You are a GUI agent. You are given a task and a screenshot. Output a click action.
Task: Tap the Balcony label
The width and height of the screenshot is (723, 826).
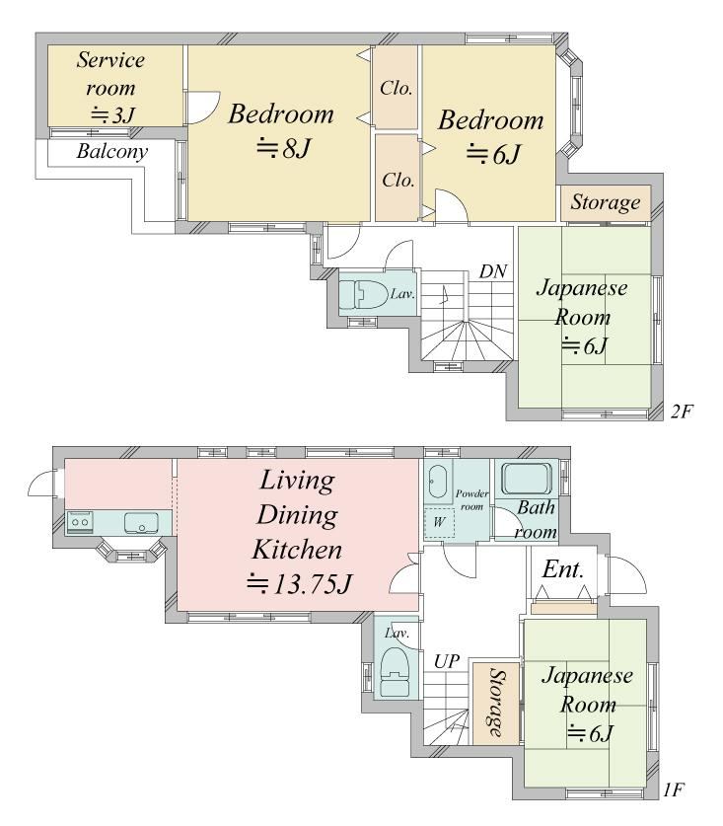(111, 152)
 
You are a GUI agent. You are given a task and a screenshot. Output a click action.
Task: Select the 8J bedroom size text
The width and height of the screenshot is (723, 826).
(284, 148)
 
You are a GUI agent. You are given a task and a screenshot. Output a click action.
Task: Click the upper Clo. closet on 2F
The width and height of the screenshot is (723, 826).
(396, 87)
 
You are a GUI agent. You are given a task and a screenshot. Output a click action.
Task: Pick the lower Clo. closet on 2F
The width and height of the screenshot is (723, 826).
(398, 178)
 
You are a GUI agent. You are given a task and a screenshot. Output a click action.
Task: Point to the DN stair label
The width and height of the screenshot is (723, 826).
(493, 271)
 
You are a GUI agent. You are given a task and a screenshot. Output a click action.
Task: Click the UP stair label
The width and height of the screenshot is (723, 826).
(447, 661)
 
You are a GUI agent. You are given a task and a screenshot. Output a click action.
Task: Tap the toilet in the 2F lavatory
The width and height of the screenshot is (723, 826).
(362, 293)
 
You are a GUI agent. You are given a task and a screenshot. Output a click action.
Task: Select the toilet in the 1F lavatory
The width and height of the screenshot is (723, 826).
(395, 672)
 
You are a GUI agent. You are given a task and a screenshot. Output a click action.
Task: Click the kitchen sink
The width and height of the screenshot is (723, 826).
(141, 523)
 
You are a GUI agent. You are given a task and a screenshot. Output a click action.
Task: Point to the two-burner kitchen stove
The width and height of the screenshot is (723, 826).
(80, 523)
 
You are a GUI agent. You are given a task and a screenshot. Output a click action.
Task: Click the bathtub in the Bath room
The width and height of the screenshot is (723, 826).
(527, 479)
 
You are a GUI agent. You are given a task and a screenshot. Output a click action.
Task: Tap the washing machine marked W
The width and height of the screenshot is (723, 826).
(439, 523)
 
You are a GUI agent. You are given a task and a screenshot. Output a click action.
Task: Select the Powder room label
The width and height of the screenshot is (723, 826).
(471, 500)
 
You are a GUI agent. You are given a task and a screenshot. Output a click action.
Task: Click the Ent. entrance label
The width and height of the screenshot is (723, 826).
(563, 569)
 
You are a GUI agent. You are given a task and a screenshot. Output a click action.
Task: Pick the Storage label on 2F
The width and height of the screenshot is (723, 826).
(606, 203)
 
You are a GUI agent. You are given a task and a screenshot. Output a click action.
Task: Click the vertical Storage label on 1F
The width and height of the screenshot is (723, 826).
(496, 703)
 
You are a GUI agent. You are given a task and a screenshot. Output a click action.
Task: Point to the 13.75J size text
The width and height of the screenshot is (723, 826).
(299, 583)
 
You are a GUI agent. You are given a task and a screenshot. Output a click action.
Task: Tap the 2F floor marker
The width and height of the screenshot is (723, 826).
(681, 411)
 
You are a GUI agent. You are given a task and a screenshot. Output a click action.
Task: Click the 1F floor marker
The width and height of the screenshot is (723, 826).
(674, 790)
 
